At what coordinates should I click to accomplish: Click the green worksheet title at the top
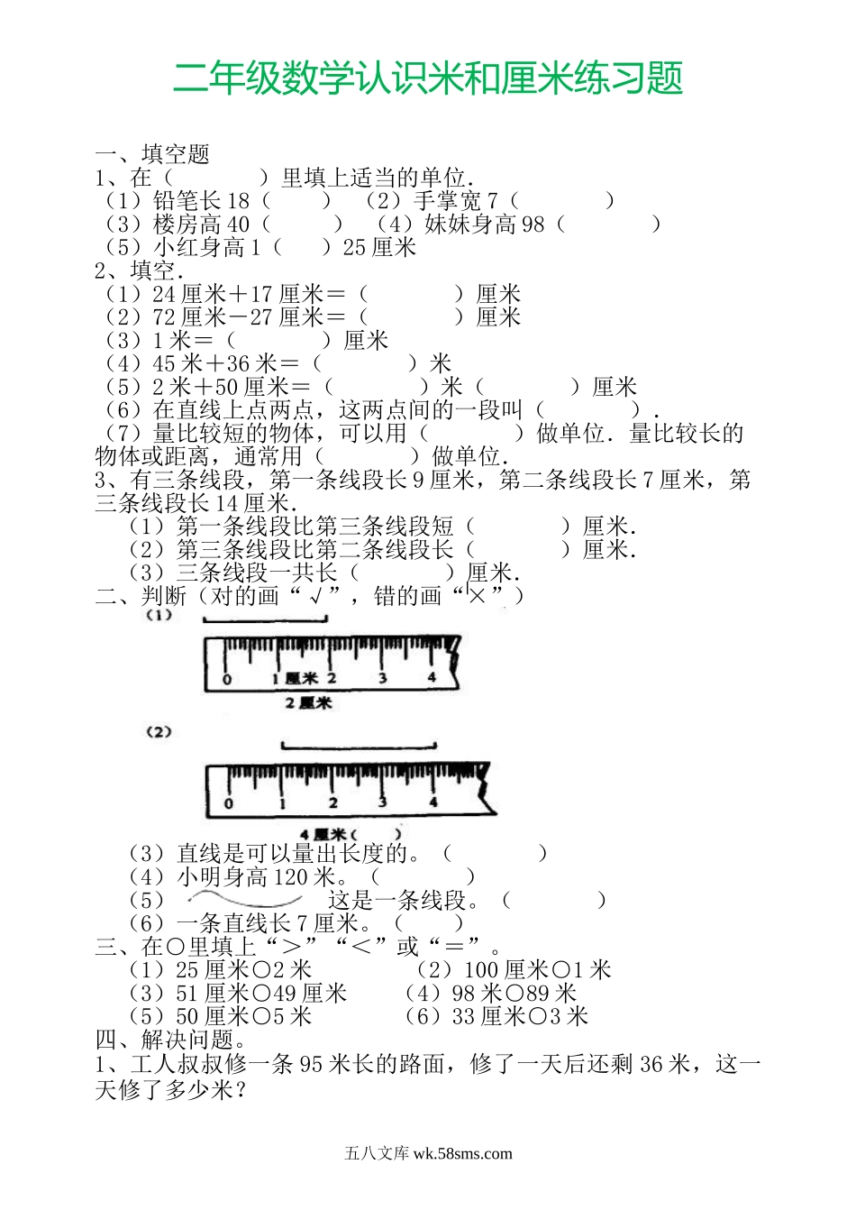(x=427, y=78)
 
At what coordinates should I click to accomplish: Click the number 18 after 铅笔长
(x=239, y=201)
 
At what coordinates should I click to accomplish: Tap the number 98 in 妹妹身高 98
(x=533, y=225)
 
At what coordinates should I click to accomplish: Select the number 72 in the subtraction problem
(x=164, y=317)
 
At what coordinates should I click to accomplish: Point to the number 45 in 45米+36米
(x=164, y=364)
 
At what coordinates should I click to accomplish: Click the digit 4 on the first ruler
(x=432, y=677)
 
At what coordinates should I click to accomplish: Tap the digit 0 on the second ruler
(x=228, y=802)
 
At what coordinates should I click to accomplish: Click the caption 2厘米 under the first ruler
(x=308, y=702)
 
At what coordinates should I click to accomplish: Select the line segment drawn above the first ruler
(x=265, y=620)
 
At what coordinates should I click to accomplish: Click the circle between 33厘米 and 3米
(x=538, y=1018)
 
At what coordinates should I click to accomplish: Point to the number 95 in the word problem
(x=311, y=1065)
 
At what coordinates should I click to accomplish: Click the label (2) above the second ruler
(x=159, y=732)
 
